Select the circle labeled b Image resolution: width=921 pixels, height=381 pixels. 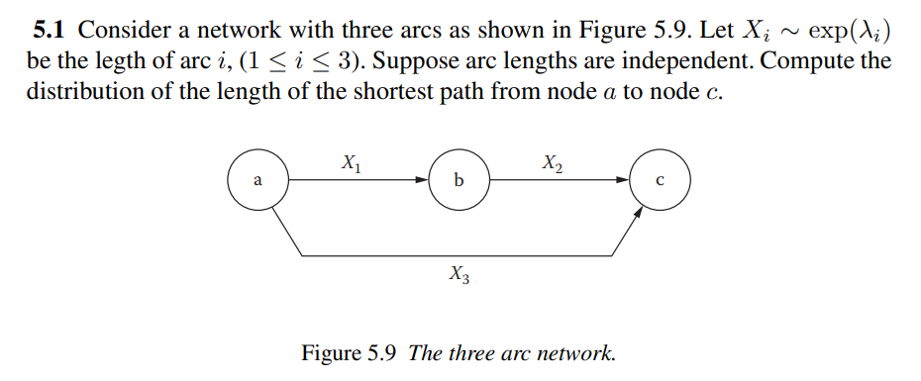(x=458, y=181)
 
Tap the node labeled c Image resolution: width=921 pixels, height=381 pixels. (x=660, y=181)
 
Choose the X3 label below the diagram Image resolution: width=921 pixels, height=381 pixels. (x=459, y=274)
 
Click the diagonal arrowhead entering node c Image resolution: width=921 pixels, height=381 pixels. (x=637, y=213)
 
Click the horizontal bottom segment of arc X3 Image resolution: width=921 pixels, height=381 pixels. (x=459, y=256)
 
